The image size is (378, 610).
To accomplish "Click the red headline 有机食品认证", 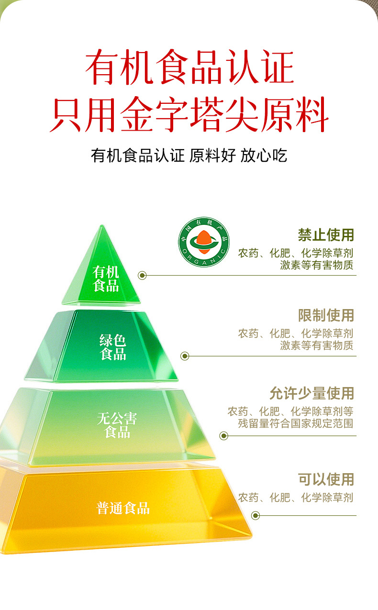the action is pyautogui.click(x=189, y=67).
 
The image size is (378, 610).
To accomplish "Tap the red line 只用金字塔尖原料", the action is pyautogui.click(x=189, y=114).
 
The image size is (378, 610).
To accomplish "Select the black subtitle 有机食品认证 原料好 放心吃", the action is pyautogui.click(x=189, y=155).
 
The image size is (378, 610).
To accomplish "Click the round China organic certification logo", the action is pyautogui.click(x=204, y=242).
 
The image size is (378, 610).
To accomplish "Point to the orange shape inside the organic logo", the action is pyautogui.click(x=204, y=242).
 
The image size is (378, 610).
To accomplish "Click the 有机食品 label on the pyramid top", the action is pyautogui.click(x=106, y=278).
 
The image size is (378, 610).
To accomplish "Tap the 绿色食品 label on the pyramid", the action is pyautogui.click(x=113, y=347).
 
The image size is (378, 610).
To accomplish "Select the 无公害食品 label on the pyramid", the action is pyautogui.click(x=117, y=425).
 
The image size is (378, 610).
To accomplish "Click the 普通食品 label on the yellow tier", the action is pyautogui.click(x=123, y=508).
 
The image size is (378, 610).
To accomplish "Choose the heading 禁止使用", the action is pyautogui.click(x=326, y=235).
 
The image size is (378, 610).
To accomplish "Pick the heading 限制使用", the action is pyautogui.click(x=326, y=315).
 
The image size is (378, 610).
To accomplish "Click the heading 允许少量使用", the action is pyautogui.click(x=312, y=393).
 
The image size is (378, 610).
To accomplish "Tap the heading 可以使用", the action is pyautogui.click(x=326, y=479).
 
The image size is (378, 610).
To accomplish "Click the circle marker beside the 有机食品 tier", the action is pyautogui.click(x=142, y=275).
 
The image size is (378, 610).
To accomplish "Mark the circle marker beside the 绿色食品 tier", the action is pyautogui.click(x=185, y=355).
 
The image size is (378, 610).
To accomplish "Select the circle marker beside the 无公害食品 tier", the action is pyautogui.click(x=223, y=436).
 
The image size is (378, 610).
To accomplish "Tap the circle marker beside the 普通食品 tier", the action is pyautogui.click(x=255, y=515).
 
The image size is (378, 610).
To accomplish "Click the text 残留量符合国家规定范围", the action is pyautogui.click(x=296, y=423).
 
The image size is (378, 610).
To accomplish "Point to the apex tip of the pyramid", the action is pyautogui.click(x=102, y=225).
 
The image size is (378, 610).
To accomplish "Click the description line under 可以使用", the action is pyautogui.click(x=296, y=498).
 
